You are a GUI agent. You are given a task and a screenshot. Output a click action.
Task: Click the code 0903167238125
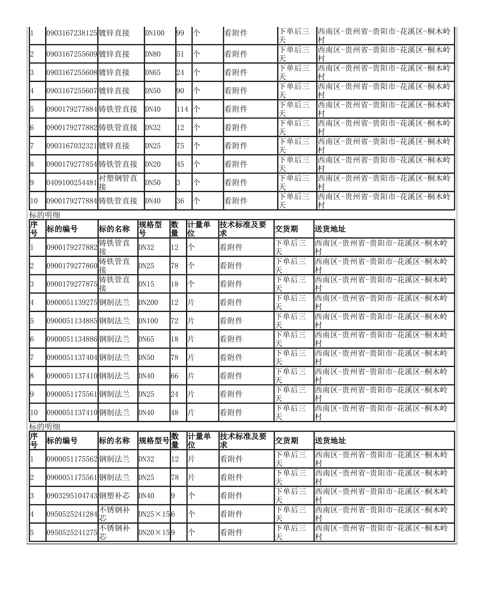[72, 33]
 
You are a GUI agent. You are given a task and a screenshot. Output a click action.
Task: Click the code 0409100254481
[72, 183]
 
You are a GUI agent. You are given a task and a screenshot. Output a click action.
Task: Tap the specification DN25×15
[154, 514]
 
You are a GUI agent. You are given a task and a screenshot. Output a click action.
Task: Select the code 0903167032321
[72, 146]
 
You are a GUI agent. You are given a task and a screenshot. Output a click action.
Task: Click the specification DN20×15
[154, 532]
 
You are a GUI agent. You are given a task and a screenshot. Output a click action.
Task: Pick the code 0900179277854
[72, 164]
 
